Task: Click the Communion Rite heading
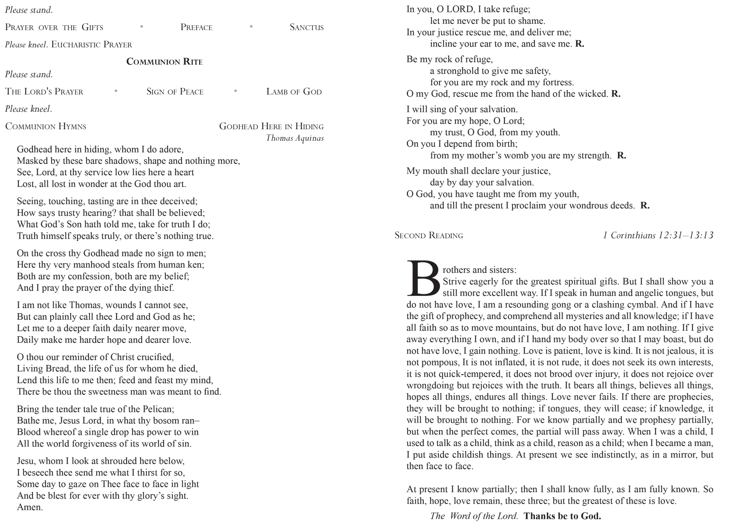point(164,62)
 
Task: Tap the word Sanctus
point(306,27)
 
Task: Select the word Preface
point(196,27)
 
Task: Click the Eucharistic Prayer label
point(91,45)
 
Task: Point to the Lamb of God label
point(294,91)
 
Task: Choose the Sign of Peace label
point(175,91)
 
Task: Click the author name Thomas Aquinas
point(295,138)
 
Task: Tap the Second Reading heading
point(429,235)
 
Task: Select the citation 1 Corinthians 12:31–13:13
point(658,235)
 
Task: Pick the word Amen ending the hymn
point(30,507)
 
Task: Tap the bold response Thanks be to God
point(562,516)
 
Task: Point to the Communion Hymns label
point(46,126)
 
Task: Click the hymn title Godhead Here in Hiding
point(271,126)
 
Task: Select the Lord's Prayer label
point(44,91)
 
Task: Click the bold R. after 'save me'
point(580,44)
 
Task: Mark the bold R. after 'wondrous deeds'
point(645,206)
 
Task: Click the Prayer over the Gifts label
point(54,27)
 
